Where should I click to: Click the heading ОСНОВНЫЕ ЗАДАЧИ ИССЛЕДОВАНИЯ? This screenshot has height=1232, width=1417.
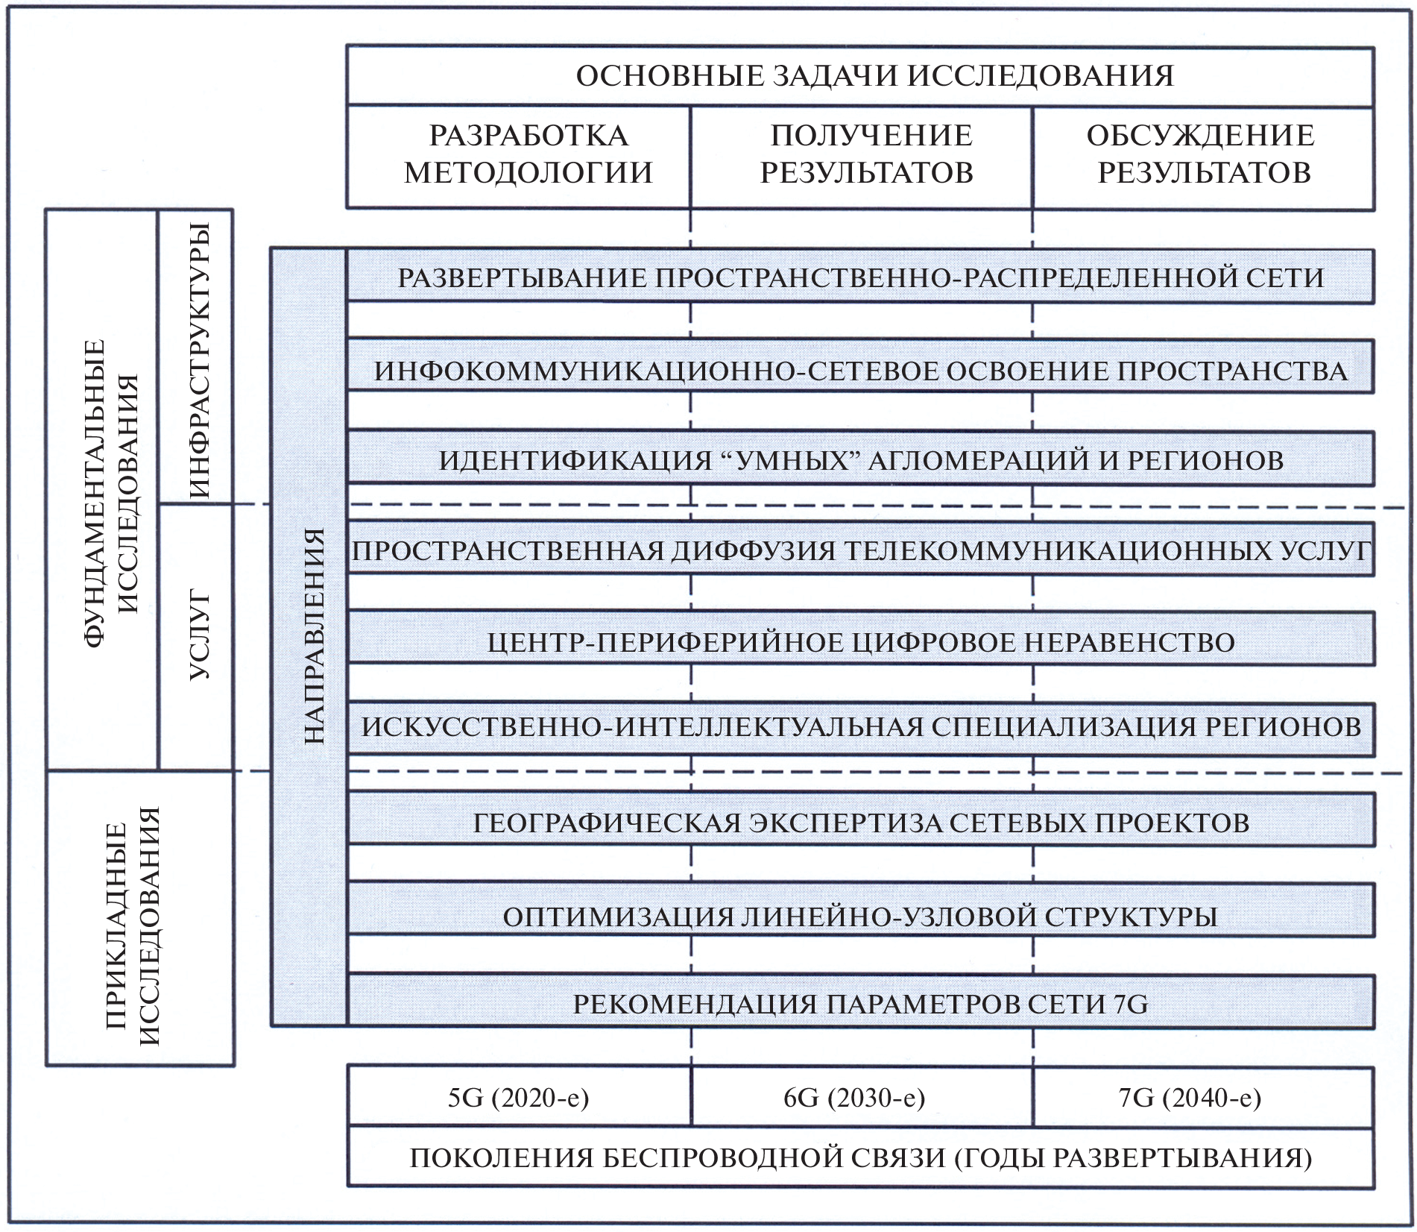coord(874,76)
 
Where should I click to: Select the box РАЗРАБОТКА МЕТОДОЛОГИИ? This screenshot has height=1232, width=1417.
coord(528,154)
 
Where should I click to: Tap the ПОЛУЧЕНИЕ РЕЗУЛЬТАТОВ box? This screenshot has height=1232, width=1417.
coord(868,154)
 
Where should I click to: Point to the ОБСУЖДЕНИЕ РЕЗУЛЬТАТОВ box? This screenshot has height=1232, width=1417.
coord(1203,154)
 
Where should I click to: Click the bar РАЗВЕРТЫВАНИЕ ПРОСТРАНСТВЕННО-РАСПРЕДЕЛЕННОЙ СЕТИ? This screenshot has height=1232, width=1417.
coord(860,277)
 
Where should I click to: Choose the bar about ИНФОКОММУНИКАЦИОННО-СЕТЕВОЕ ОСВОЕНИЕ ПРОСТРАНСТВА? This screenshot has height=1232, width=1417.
coord(860,371)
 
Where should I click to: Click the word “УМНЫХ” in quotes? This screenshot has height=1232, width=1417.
coord(791,460)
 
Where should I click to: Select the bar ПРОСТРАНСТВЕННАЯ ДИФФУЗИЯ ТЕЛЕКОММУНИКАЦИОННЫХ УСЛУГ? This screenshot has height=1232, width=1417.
coord(860,551)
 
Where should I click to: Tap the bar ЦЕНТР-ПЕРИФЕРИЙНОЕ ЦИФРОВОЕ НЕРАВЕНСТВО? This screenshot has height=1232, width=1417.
coord(860,642)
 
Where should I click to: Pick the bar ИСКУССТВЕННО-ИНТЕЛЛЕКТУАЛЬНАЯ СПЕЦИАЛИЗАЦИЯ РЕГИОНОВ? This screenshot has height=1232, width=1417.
coord(860,727)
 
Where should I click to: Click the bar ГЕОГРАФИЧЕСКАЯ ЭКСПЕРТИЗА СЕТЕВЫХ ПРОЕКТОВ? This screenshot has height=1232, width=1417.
coord(860,823)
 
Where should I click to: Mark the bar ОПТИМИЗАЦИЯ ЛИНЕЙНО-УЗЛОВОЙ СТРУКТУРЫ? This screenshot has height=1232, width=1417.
coord(860,917)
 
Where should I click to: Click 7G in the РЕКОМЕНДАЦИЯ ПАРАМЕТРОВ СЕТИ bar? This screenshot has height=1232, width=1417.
coord(1131,1005)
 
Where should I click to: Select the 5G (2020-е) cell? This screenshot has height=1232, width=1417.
coord(519,1097)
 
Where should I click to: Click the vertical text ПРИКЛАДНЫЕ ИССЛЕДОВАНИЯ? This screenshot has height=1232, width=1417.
coord(133,925)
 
